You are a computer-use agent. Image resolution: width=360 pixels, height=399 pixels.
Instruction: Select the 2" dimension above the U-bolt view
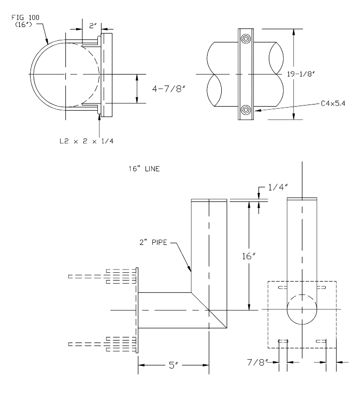[x=92, y=24]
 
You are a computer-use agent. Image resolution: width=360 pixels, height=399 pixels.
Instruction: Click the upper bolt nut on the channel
[x=247, y=38]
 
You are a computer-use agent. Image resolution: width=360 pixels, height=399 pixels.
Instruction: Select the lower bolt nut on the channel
[x=247, y=110]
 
